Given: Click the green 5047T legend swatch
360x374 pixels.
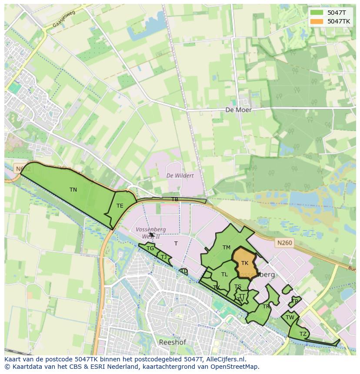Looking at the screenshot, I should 317,13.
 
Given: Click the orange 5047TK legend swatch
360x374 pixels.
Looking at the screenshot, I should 317,21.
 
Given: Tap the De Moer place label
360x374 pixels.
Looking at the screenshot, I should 238,110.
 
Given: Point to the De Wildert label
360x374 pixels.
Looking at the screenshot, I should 180,175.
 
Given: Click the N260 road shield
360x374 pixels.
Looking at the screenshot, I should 282,244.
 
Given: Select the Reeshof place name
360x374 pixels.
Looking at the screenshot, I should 172,342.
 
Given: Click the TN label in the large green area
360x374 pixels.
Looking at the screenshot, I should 73,190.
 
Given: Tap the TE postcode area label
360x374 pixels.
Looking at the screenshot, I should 120,206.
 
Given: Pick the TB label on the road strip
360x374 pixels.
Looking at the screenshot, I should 175,199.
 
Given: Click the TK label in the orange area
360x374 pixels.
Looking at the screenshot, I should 245,263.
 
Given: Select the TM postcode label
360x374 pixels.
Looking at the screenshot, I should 226,248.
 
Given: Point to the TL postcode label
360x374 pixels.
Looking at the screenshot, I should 224,275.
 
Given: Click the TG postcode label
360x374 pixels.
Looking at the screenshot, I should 150,248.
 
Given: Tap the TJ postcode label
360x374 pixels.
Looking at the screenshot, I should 163,257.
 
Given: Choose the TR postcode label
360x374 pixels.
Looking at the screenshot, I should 266,307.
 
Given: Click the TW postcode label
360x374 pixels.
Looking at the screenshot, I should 290,318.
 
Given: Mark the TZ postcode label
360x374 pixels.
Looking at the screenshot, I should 303,334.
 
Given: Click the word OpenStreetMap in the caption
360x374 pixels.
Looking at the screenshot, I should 235,367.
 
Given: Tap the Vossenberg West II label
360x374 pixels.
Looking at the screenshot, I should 148,233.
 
